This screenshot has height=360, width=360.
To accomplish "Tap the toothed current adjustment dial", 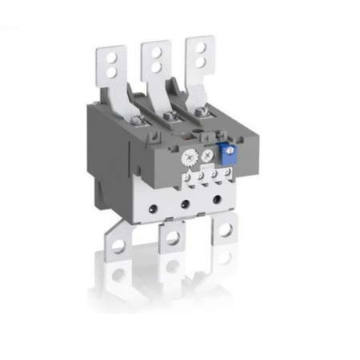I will [190, 158].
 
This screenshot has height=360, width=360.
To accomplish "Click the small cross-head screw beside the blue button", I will [209, 154].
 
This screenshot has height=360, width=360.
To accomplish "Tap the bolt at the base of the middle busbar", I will [170, 117].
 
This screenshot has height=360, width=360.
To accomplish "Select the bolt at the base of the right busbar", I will [210, 113].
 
